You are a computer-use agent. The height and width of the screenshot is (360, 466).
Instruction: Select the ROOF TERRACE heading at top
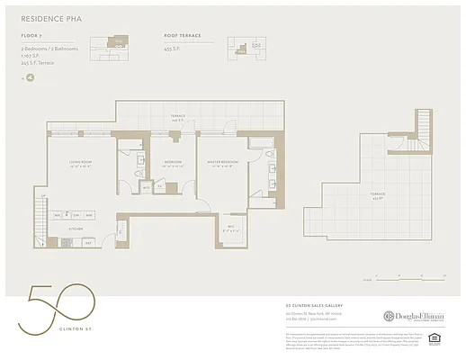183,36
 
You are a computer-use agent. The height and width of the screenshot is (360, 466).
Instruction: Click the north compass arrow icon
29,77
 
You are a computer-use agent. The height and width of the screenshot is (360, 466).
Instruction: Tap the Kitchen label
76,229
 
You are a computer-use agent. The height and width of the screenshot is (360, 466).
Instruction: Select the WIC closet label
231,227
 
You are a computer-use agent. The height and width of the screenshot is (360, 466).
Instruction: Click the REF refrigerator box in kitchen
89,242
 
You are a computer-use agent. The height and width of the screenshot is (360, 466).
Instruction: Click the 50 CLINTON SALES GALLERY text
310,305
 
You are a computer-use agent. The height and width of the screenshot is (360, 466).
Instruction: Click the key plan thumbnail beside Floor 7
118,43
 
